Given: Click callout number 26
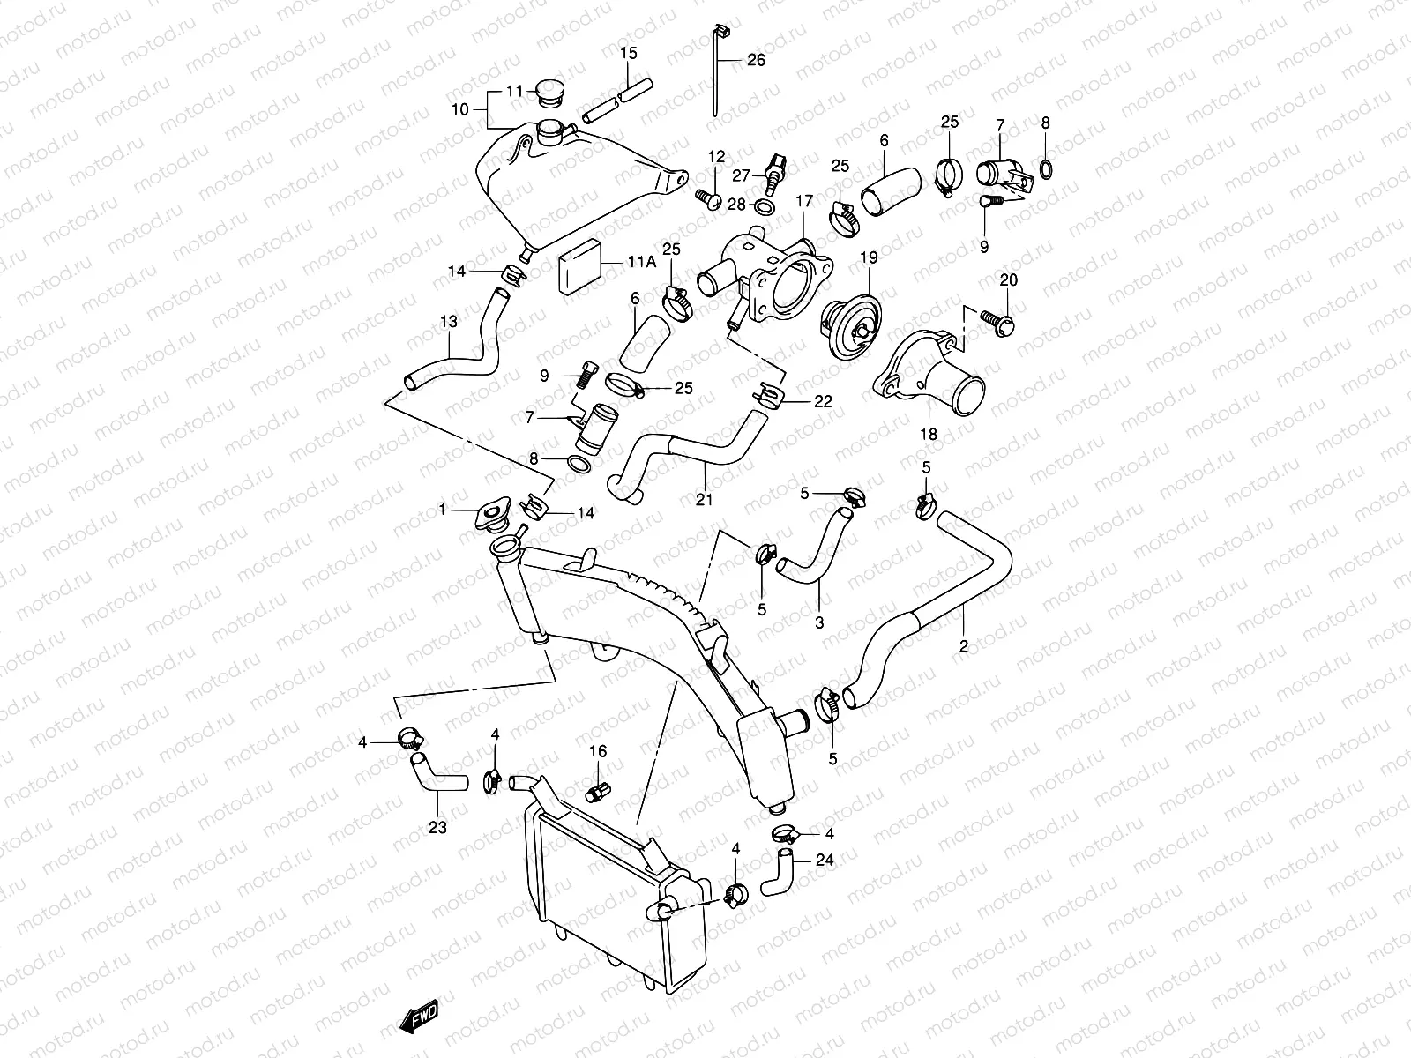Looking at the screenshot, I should [x=756, y=60].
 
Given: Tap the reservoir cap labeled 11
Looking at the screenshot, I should [x=553, y=92].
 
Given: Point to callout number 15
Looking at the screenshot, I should [x=628, y=54].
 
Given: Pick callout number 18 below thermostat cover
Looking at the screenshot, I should [x=929, y=435].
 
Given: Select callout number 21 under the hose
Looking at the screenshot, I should [x=703, y=500].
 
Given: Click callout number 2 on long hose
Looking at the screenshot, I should [x=964, y=646].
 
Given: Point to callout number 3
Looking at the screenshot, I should [x=819, y=622].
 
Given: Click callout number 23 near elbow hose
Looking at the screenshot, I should [x=437, y=827].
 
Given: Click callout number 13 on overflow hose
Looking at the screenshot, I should [x=449, y=323].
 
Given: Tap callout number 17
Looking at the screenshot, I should [x=803, y=201].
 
